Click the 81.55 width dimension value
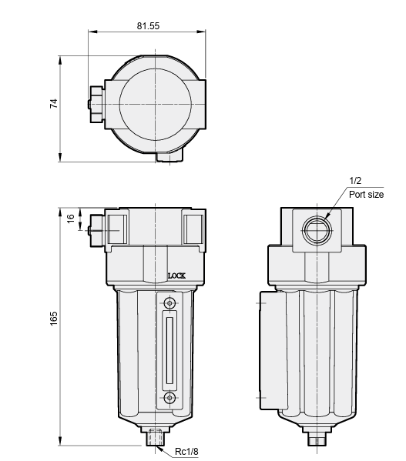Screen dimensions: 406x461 tap(148, 26)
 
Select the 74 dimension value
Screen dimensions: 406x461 tap(54, 103)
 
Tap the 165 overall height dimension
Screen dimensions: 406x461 tap(54, 319)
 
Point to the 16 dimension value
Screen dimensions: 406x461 tap(71, 219)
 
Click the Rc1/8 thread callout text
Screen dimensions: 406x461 tap(186, 451)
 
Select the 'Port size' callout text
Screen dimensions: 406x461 tap(366, 195)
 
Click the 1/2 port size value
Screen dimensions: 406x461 tap(355, 181)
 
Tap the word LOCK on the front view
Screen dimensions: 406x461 tap(176, 276)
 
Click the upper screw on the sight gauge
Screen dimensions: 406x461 tap(169, 302)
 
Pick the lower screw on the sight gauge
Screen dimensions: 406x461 tap(169, 398)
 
